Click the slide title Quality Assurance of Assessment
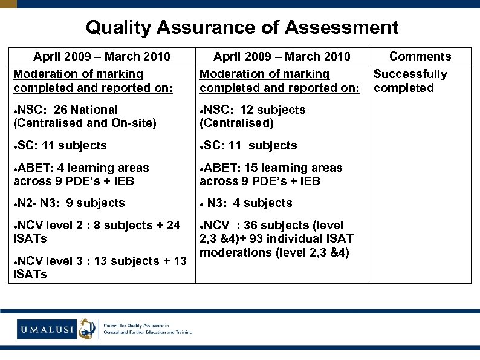point(242,27)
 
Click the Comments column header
point(420,56)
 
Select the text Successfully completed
point(410,81)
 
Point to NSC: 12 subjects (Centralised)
point(253,116)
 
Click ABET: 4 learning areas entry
point(81,174)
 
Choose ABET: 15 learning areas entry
point(271,174)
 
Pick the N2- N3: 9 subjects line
point(69,203)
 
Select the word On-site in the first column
point(135,123)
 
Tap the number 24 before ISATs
point(173,225)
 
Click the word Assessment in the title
point(342,27)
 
